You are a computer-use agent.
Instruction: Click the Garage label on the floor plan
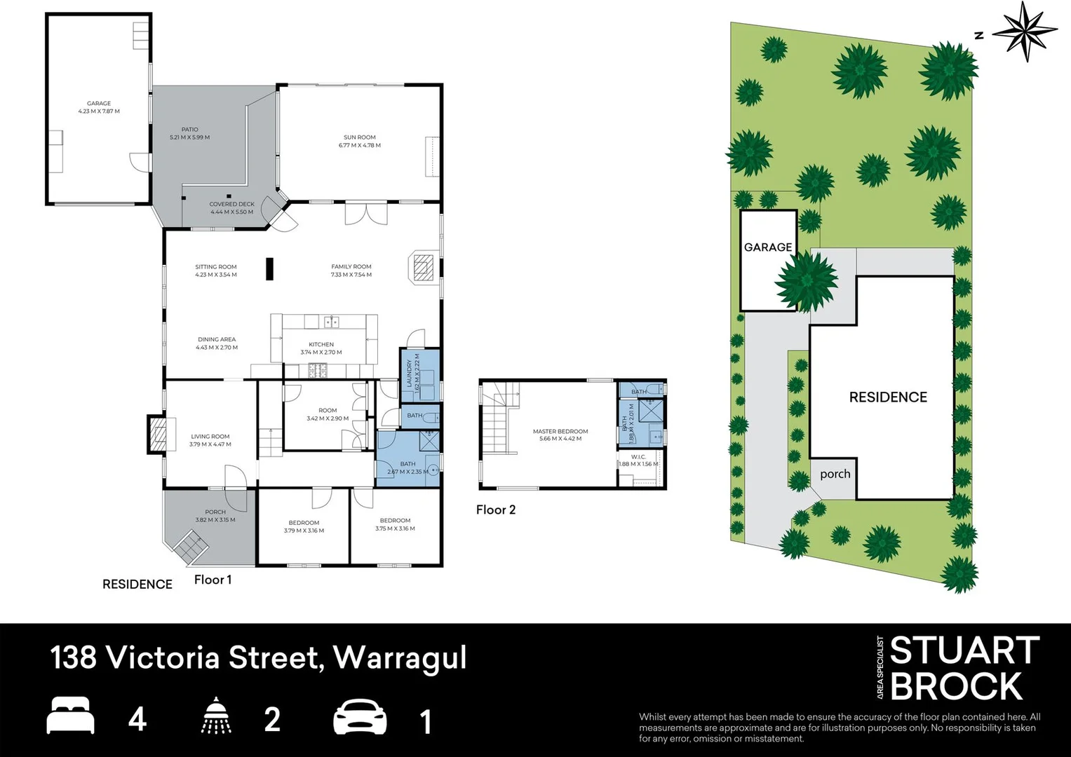(99, 107)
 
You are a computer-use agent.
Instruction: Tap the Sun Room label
(359, 142)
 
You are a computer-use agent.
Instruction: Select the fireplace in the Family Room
(422, 267)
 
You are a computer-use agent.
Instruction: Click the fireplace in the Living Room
(158, 435)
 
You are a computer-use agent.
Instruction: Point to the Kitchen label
(321, 348)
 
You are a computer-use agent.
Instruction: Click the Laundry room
(420, 374)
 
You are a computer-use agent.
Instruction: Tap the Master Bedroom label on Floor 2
(560, 435)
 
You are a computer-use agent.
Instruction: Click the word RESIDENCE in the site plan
(888, 397)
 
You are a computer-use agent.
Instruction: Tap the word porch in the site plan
(835, 475)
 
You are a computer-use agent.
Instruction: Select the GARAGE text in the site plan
(768, 247)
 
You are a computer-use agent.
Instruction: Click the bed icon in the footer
(70, 716)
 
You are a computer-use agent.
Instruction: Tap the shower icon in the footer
(217, 716)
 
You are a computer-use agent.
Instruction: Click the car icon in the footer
(360, 717)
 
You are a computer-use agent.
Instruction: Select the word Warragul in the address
(400, 658)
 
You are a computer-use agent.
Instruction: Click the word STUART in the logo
(964, 651)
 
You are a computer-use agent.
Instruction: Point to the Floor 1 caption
(213, 580)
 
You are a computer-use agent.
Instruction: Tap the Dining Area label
(217, 343)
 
